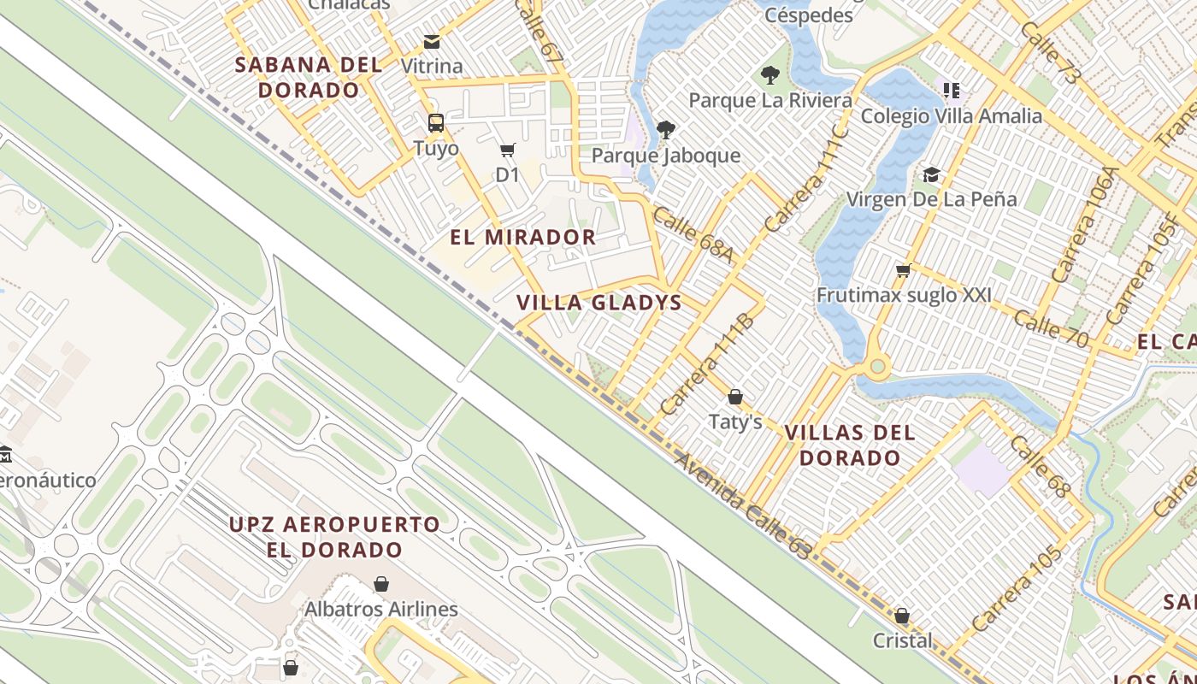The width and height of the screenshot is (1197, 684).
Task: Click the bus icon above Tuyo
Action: [436, 123]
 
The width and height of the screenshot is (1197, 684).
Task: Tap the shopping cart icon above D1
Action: [507, 150]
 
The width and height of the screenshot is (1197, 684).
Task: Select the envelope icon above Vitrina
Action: [432, 41]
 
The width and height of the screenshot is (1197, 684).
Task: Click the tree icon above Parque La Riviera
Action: [770, 75]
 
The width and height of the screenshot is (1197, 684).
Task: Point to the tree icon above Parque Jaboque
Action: [665, 130]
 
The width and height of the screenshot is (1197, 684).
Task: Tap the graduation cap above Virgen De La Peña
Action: [931, 175]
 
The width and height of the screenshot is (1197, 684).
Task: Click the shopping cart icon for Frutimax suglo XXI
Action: [903, 271]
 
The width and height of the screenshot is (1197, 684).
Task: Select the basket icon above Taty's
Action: [734, 397]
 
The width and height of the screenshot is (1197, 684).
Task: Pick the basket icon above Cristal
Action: [902, 616]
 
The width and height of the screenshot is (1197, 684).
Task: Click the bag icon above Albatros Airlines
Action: [381, 584]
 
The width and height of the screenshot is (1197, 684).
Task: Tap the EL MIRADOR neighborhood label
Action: [523, 238]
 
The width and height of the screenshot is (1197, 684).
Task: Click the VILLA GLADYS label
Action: [599, 303]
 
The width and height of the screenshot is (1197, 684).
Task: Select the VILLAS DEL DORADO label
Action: [850, 445]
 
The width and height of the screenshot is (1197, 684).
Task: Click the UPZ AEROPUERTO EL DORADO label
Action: [334, 536]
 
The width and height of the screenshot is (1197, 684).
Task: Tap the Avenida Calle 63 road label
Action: [742, 506]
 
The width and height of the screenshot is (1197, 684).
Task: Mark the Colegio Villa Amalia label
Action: [952, 116]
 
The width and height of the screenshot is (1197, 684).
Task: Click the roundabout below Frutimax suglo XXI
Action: [876, 368]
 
